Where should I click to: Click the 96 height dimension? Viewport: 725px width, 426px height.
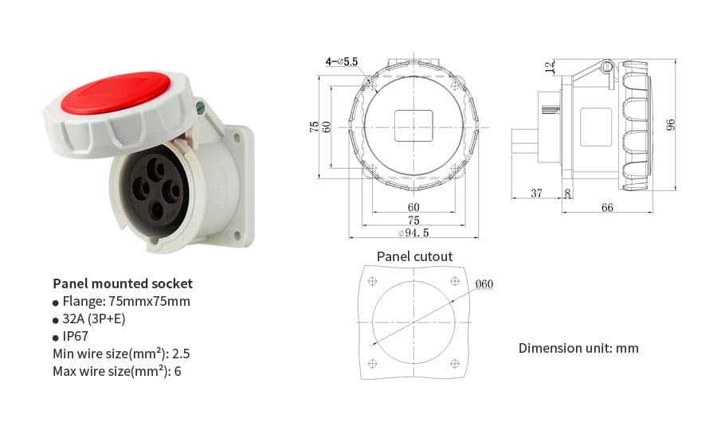[671, 124]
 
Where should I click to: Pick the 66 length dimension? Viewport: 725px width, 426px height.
[607, 207]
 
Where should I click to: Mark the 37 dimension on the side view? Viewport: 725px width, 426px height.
[535, 193]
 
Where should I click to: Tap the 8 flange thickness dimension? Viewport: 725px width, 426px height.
[566, 193]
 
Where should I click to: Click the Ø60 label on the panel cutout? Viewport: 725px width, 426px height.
[484, 284]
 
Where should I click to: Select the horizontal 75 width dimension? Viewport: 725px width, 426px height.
[413, 220]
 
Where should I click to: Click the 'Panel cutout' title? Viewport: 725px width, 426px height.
[414, 256]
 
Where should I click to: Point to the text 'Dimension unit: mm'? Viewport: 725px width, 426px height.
[578, 348]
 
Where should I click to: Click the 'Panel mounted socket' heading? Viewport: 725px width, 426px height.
[123, 283]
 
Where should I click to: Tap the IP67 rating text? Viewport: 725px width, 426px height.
[76, 336]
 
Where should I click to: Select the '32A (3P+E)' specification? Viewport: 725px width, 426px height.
[94, 319]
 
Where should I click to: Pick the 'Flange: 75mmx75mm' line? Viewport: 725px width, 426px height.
[126, 301]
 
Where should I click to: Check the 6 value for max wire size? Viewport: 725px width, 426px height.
[178, 371]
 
